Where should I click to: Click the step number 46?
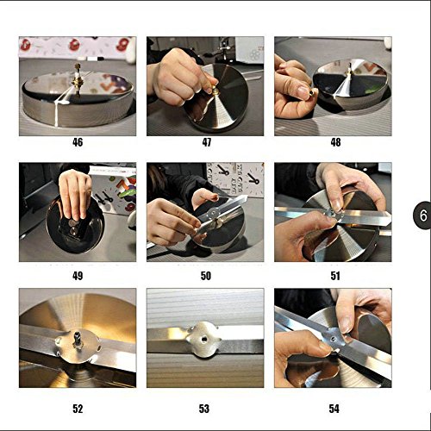click(78, 142)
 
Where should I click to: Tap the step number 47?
click(207, 142)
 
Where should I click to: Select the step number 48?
click(335, 142)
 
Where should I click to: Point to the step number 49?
click(78, 276)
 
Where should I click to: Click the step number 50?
click(206, 276)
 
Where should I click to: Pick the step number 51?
click(335, 276)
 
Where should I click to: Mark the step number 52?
click(78, 409)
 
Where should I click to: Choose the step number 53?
click(204, 409)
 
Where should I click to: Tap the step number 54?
click(334, 409)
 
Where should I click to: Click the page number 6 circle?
click(422, 215)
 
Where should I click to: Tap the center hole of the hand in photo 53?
click(203, 340)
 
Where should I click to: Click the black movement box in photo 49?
click(72, 228)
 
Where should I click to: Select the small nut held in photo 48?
click(312, 92)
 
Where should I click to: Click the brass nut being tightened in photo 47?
click(215, 90)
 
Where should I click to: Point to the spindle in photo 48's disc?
click(349, 70)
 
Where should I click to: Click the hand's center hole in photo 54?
click(333, 340)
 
